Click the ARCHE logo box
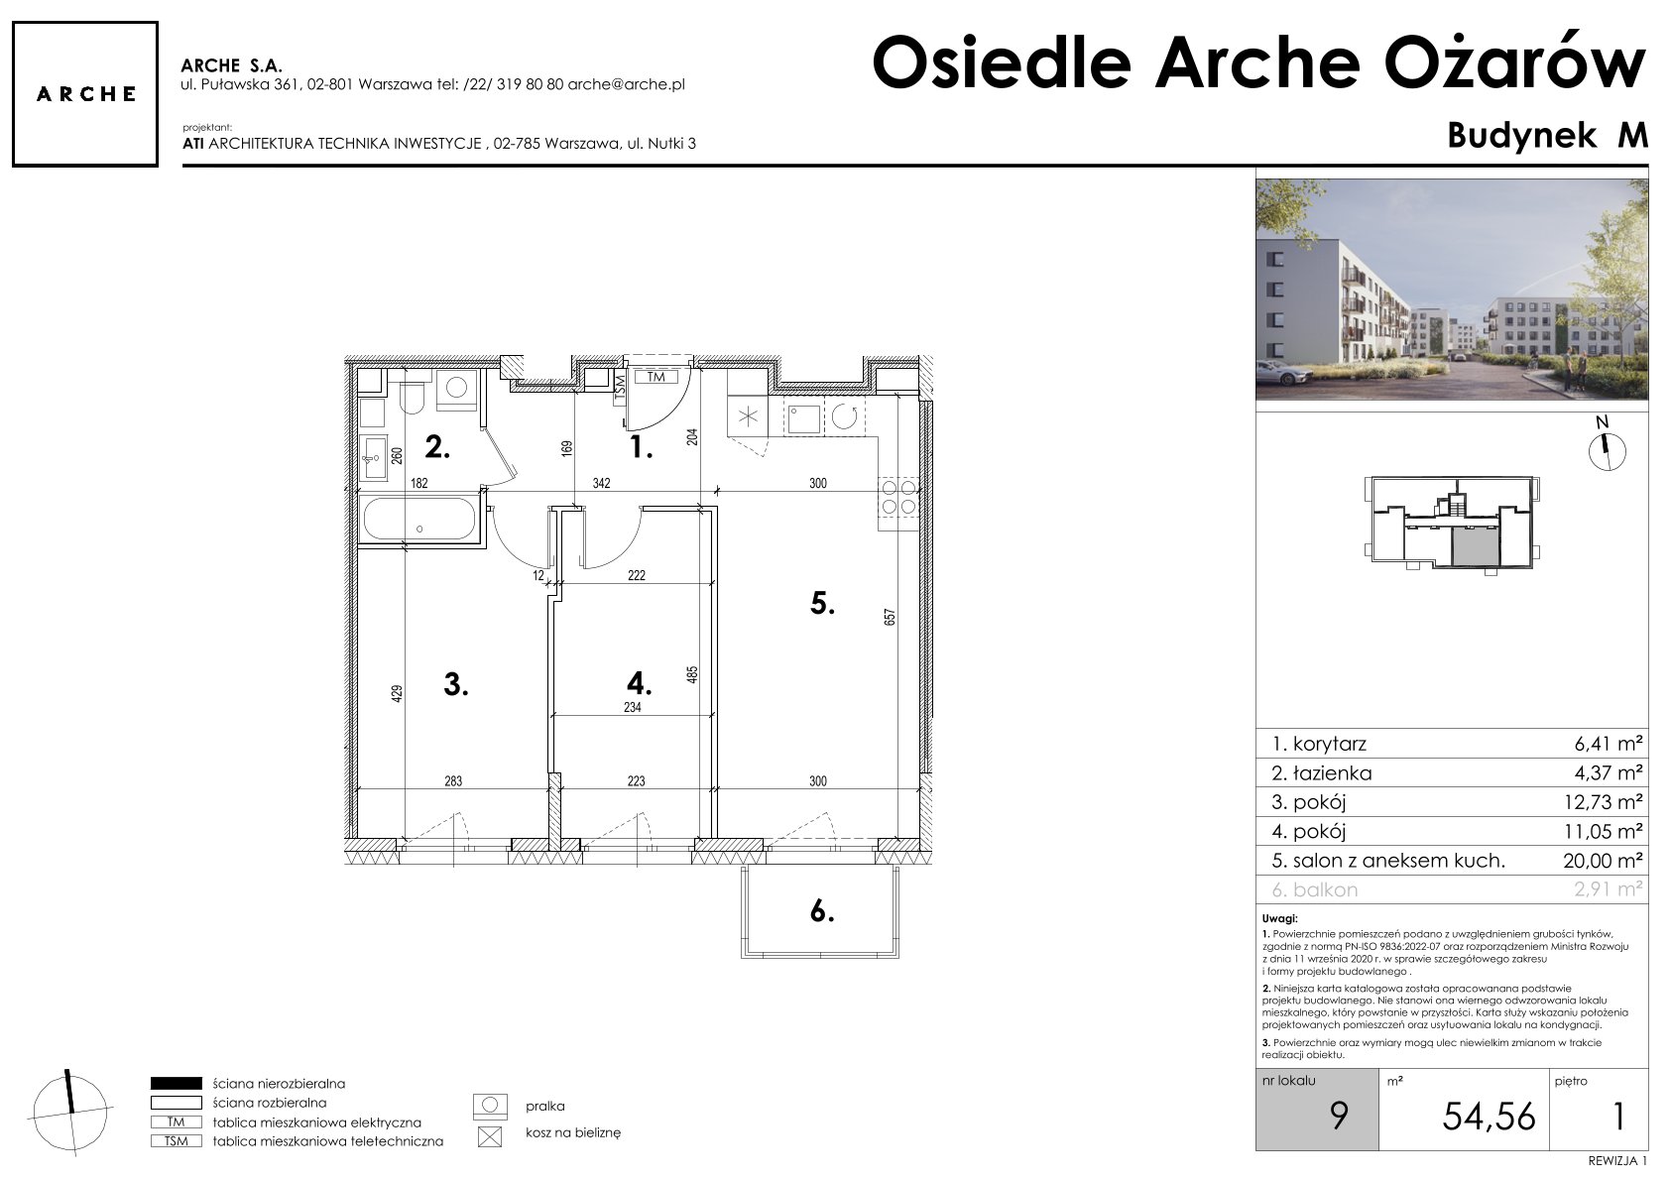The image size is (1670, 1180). click(85, 94)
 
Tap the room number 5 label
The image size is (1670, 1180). click(822, 604)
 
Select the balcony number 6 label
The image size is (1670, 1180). click(821, 911)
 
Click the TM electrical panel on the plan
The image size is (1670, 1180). click(656, 377)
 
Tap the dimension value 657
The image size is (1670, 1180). click(890, 617)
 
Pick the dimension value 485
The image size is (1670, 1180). click(692, 675)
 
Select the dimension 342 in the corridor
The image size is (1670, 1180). click(602, 483)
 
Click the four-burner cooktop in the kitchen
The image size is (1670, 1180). click(898, 497)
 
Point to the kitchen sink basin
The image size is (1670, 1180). click(803, 418)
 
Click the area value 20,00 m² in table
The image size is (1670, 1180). click(1603, 861)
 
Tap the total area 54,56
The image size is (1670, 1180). click(1489, 1117)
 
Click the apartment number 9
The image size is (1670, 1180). click(1339, 1117)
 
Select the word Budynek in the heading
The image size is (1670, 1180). click(1521, 136)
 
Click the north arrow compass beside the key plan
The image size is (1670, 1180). click(1607, 449)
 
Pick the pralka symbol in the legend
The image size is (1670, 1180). click(490, 1107)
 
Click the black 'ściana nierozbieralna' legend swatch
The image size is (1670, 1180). click(176, 1083)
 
